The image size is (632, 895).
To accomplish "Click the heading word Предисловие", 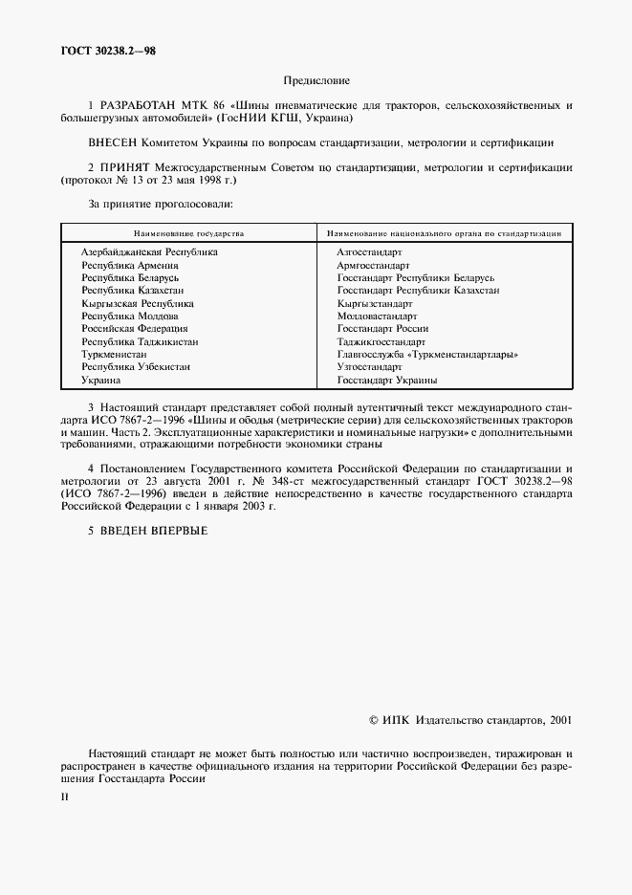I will point(316,82).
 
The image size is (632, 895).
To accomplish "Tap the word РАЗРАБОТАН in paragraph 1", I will point(138,106).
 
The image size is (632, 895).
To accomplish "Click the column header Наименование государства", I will point(188,231).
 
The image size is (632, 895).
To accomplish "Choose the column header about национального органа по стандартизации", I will point(444,231).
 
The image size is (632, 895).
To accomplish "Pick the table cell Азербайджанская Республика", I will point(149,252).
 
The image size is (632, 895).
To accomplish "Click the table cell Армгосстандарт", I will point(373,265).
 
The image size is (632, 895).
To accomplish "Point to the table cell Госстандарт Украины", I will point(386,381).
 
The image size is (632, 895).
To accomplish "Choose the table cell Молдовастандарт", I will point(375,316).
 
